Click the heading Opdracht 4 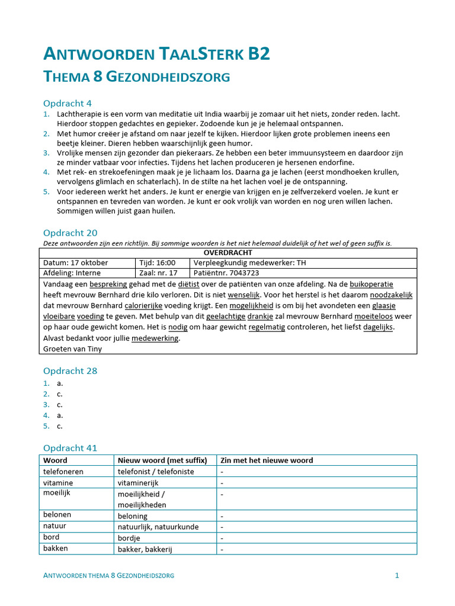[68, 104]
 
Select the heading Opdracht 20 [71, 233]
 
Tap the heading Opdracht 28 [71, 371]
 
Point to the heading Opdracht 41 [71, 448]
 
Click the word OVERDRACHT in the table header [228, 253]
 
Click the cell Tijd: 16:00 [158, 263]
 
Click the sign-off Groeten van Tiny [72, 349]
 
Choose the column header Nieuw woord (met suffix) [162, 460]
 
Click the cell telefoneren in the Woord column [63, 472]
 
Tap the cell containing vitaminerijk [142, 483]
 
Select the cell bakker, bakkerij [145, 549]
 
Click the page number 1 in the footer [397, 575]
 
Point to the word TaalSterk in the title [202, 54]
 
